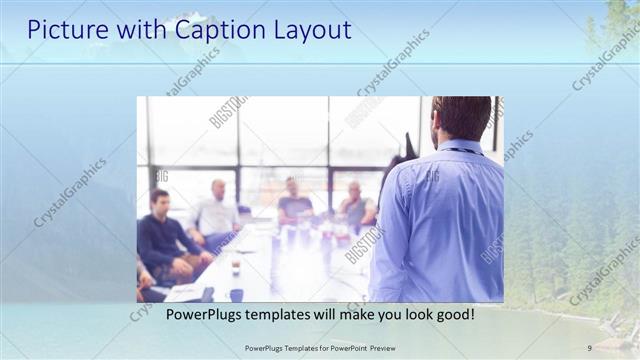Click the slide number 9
click(x=589, y=347)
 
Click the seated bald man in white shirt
click(x=216, y=210)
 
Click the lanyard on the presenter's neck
click(x=460, y=151)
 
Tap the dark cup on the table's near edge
click(x=236, y=294)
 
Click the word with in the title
click(x=133, y=30)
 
